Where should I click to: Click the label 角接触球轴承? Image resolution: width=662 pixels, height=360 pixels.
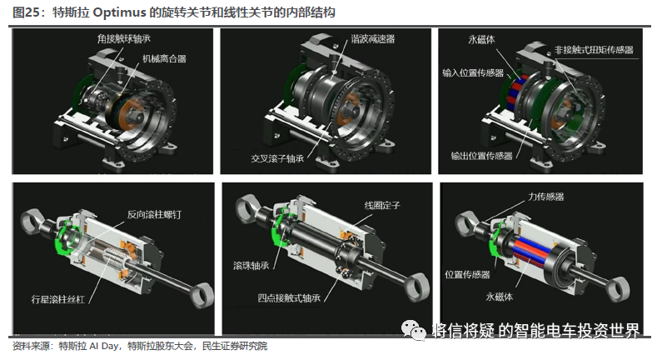124,39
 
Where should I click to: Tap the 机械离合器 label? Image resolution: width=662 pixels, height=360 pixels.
164,58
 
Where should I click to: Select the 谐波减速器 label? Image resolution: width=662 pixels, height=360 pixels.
373,39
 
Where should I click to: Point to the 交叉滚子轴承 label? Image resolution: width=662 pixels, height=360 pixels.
277,158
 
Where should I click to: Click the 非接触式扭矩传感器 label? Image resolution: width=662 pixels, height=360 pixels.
594,50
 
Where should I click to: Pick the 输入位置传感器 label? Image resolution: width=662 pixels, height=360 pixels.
473,72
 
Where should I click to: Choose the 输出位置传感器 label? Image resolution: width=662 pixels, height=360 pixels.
482,156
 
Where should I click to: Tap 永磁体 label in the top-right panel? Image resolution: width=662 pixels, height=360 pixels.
482,39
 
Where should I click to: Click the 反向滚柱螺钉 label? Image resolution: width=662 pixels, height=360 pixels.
154,214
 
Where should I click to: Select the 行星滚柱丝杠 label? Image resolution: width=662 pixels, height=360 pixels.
58,299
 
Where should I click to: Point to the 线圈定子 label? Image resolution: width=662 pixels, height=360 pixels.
382,205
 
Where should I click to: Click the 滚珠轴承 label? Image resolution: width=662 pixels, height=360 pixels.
251,265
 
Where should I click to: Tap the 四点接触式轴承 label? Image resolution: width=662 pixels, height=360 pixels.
289,297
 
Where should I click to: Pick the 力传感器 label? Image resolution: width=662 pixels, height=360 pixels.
546,197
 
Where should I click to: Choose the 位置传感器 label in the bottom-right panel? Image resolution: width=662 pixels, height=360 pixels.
467,274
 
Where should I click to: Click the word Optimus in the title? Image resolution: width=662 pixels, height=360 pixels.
118,12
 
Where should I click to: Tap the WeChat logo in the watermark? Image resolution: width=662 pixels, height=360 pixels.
413,330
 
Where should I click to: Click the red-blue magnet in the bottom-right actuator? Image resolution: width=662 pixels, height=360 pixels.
532,251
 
